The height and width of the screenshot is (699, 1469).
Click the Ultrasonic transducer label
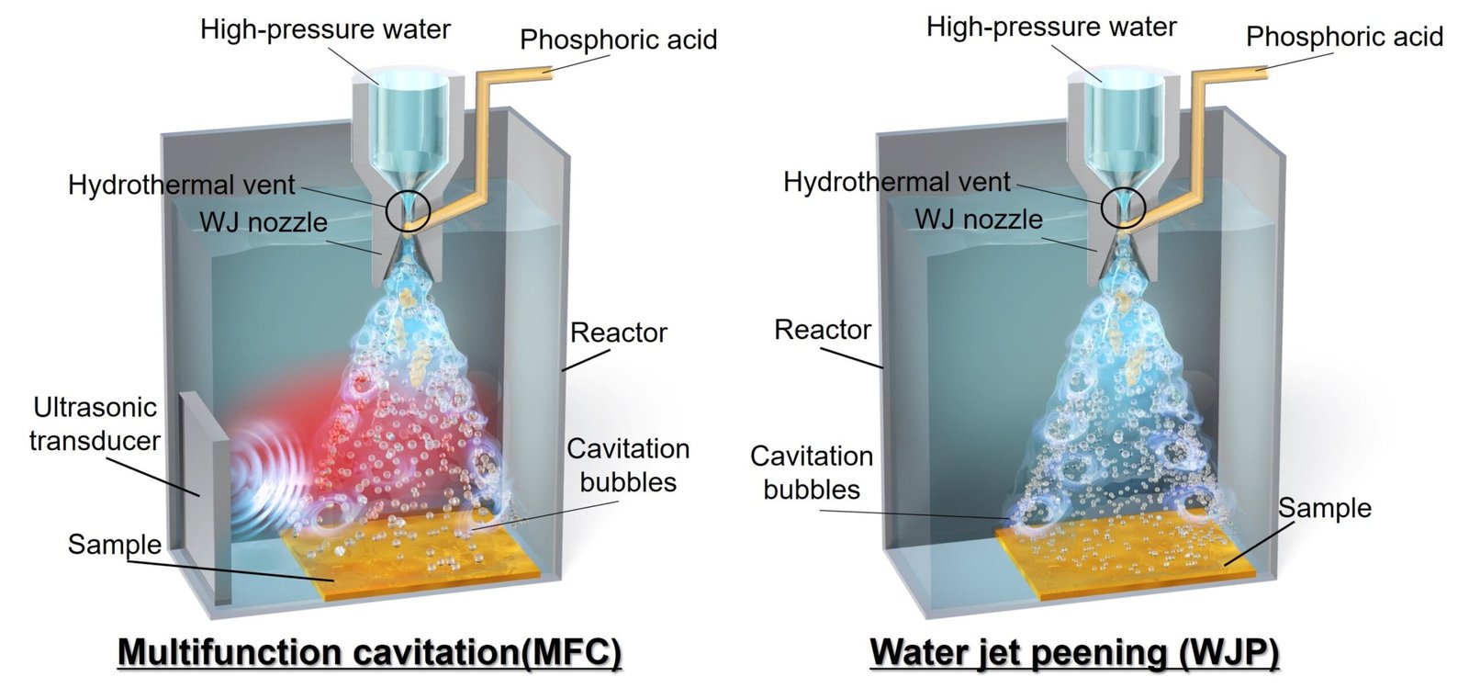pos(95,424)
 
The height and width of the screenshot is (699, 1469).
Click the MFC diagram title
pos(369,652)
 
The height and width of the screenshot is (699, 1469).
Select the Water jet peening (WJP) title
pos(1074,652)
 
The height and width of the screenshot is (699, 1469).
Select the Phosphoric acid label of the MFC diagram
pos(619,40)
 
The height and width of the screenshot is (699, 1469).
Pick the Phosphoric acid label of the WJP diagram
pos(1344,37)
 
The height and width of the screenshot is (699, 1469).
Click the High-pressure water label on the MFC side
pos(325,29)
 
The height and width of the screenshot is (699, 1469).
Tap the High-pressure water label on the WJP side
pos(1051,27)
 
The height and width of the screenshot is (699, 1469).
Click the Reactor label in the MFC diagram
pos(619,333)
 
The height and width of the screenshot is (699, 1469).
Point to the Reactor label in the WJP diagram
pos(823,330)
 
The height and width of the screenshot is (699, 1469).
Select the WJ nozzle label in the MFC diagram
pos(264,222)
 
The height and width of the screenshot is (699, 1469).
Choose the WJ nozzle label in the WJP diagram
pos(979,220)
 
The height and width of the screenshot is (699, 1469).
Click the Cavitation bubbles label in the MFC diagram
pos(628,466)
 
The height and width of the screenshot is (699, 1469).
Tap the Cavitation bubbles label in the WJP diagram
pos(812,472)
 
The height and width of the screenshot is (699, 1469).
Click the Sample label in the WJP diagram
pos(1325,508)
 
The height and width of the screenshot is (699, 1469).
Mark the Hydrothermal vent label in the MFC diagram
pos(182,186)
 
